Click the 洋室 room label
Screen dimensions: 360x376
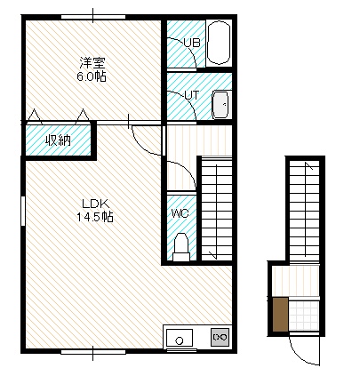click(x=92, y=63)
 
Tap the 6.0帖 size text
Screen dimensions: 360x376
click(x=92, y=76)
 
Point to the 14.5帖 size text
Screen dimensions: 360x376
click(x=95, y=217)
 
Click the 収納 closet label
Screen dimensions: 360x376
click(x=58, y=140)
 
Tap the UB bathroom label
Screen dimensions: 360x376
click(x=192, y=43)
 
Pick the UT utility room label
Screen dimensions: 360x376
click(x=192, y=95)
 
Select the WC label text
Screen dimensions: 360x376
click(x=180, y=213)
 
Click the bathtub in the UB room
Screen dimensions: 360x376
click(x=219, y=43)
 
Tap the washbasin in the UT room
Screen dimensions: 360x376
click(x=221, y=105)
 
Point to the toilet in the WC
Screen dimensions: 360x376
click(x=181, y=247)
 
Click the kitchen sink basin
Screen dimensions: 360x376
click(x=180, y=338)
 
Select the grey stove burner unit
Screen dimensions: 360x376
click(x=220, y=337)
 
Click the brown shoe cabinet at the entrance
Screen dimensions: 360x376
click(x=280, y=315)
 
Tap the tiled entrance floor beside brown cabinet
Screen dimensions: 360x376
click(x=304, y=316)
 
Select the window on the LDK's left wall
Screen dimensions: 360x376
click(x=23, y=211)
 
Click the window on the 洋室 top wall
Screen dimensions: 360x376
click(x=93, y=17)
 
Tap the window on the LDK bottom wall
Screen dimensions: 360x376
click(x=93, y=352)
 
